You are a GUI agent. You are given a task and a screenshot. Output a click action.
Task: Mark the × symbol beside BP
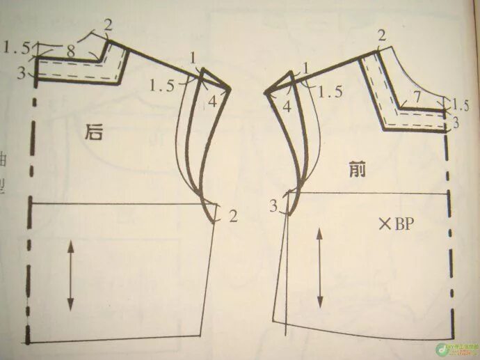[383, 224]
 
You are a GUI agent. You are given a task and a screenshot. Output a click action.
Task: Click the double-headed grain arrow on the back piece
[70, 275]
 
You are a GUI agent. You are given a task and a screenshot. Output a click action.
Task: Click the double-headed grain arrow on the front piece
[319, 267]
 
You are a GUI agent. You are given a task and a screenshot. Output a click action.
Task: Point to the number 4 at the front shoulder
[287, 107]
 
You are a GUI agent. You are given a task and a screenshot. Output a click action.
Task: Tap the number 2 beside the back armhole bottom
[233, 215]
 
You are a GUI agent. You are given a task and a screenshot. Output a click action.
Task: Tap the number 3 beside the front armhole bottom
[274, 205]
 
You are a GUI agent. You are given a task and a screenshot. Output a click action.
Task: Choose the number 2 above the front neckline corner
[381, 36]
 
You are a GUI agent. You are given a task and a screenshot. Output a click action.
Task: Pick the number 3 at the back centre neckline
[22, 72]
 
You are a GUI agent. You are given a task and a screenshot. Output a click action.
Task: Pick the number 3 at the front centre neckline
[456, 123]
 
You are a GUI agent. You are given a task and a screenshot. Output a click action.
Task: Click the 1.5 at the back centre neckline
[15, 48]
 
